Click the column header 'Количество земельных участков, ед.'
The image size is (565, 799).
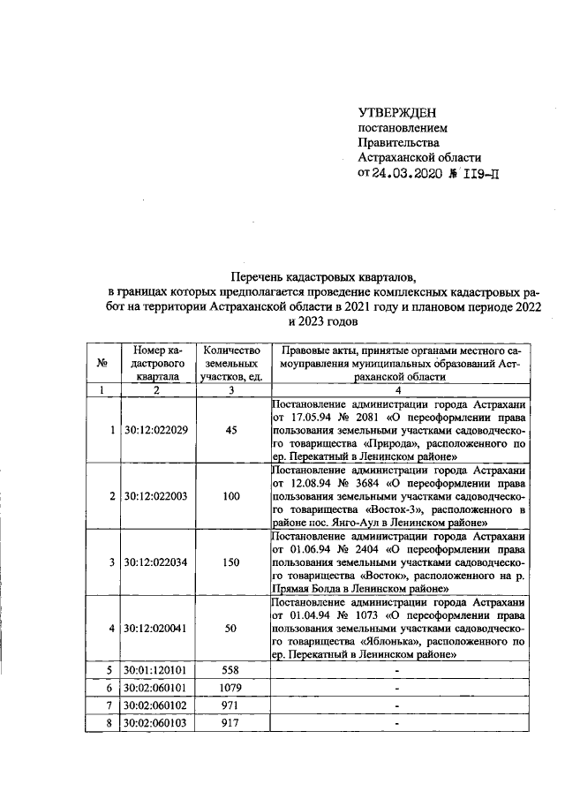click(x=231, y=363)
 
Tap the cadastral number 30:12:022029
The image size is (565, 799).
click(x=157, y=430)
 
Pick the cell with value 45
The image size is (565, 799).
click(x=231, y=430)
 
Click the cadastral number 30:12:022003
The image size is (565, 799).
click(x=157, y=496)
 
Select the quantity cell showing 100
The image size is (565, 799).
click(x=231, y=496)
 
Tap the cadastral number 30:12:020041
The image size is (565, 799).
click(x=157, y=629)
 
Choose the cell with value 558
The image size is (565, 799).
click(x=231, y=670)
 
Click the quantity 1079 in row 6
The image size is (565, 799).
click(x=231, y=688)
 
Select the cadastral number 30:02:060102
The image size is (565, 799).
click(x=157, y=706)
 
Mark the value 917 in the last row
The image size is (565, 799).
click(x=231, y=724)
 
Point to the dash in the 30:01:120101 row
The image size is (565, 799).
click(x=398, y=670)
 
